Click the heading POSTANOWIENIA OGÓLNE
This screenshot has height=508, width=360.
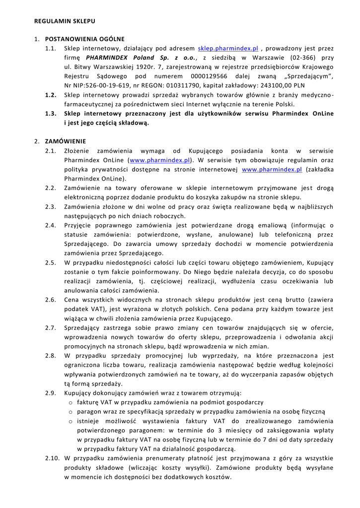coord(85,39)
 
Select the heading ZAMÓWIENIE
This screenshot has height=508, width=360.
coord(66,141)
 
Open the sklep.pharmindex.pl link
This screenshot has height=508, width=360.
coord(228,49)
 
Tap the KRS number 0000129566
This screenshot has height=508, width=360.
coord(209,76)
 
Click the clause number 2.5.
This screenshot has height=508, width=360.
coord(51,262)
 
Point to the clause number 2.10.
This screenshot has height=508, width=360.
coord(52,458)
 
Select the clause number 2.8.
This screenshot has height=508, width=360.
coord(51,356)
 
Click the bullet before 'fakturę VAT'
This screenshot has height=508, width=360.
coord(72,402)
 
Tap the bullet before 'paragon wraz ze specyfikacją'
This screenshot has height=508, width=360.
coord(72,412)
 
